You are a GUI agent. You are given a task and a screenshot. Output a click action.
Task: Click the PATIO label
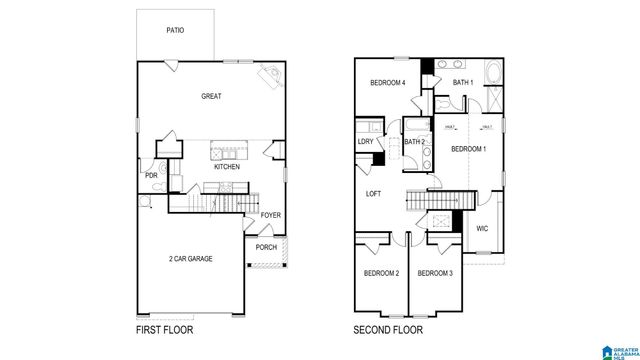point(175,30)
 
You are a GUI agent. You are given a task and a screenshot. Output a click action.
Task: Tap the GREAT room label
point(211,97)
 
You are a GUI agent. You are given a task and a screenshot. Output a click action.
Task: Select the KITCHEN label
point(226,167)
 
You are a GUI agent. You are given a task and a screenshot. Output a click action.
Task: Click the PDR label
point(151,176)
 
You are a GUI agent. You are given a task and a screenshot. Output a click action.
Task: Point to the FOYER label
point(270,215)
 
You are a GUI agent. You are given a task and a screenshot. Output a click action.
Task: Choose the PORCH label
point(266,247)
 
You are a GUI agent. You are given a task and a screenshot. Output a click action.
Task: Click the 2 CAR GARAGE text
point(190,259)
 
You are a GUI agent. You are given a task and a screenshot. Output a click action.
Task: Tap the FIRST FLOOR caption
point(164,329)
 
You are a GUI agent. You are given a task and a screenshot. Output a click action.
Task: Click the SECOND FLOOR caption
point(388,329)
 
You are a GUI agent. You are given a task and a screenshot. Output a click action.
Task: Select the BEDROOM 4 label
point(388,83)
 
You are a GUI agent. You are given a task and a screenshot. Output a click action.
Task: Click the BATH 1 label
point(462,83)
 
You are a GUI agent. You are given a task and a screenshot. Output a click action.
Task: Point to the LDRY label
point(365,141)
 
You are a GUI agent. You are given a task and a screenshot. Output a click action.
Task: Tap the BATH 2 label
point(415,142)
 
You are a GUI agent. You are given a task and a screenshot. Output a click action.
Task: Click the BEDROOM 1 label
point(468,150)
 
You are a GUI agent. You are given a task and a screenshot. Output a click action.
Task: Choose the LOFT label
point(374,194)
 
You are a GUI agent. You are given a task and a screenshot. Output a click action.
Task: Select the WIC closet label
point(482,228)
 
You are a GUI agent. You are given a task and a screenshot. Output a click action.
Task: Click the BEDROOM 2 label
point(381,273)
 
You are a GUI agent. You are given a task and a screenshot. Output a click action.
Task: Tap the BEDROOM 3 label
point(435,273)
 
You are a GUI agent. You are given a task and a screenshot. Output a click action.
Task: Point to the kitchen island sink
point(222,152)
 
